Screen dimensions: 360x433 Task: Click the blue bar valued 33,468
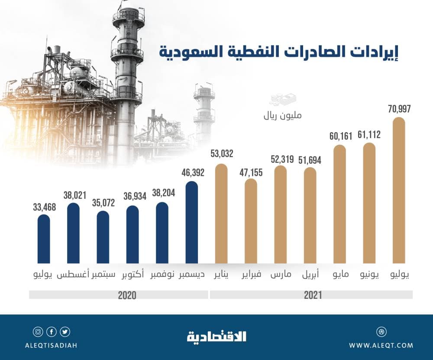[x=44, y=239]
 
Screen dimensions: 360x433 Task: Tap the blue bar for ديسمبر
[x=191, y=222]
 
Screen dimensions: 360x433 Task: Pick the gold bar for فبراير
[x=251, y=221]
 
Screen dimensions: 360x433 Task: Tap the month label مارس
[x=281, y=275]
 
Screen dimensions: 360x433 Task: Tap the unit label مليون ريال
[x=283, y=116]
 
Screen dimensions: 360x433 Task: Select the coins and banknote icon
[x=282, y=101]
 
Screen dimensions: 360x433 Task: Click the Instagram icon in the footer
[x=38, y=332]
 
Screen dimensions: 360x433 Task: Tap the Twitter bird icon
[x=65, y=332]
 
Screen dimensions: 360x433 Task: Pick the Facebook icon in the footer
[x=52, y=332]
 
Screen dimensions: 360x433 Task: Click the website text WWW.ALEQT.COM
[x=381, y=346]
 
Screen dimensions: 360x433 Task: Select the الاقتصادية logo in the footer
[x=216, y=336]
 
